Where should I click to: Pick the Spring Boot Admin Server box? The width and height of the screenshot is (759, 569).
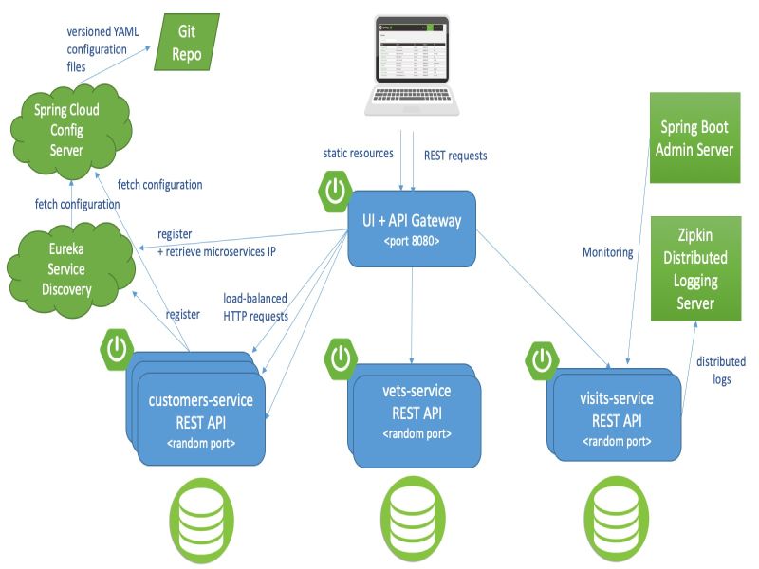point(695,138)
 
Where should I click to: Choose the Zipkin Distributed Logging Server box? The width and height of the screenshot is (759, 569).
point(695,267)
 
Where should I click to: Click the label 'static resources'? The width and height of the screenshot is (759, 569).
point(357,153)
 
